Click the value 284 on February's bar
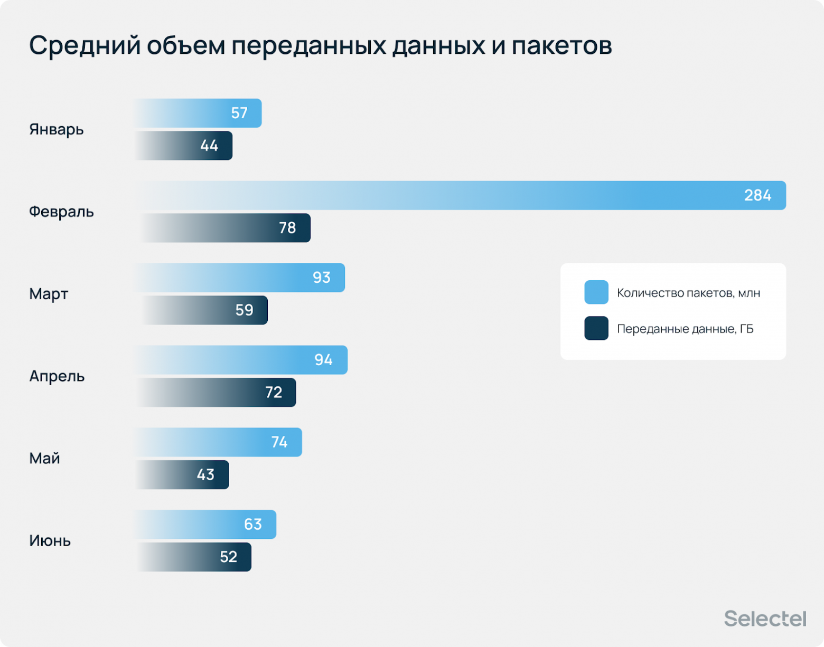click(757, 195)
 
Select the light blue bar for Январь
click(199, 113)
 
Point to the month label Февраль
click(61, 212)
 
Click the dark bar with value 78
click(224, 228)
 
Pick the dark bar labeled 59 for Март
click(203, 310)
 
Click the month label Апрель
click(57, 376)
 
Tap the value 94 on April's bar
click(323, 360)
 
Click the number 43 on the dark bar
click(205, 475)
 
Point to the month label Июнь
click(50, 541)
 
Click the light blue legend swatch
click(596, 292)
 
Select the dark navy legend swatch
click(596, 328)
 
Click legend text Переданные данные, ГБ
click(685, 329)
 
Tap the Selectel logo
click(765, 619)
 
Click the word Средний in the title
click(85, 45)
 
